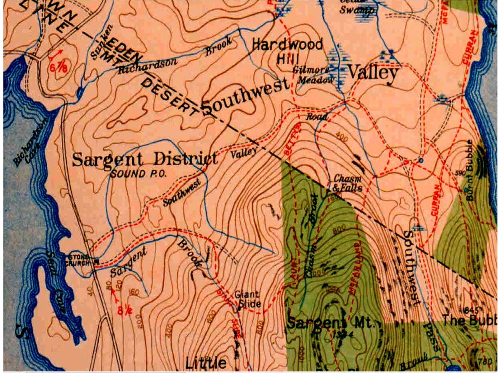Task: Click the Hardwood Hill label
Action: pyautogui.click(x=287, y=51)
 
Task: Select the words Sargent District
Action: pyautogui.click(x=145, y=159)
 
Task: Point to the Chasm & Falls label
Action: pyautogui.click(x=347, y=183)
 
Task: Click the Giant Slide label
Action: pyautogui.click(x=247, y=299)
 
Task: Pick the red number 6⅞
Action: pyautogui.click(x=59, y=67)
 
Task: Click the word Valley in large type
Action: pyautogui.click(x=373, y=73)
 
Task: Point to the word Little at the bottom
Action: pyautogui.click(x=206, y=362)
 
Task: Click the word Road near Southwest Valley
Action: pyautogui.click(x=317, y=117)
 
